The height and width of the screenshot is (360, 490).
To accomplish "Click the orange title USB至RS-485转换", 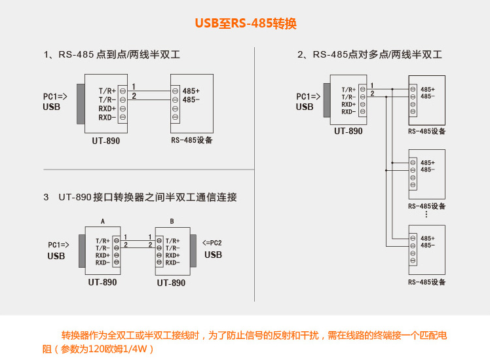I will (246, 24).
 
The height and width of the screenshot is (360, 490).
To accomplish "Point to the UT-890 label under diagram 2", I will (348, 131).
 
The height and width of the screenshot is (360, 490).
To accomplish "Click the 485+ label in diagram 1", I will (191, 90).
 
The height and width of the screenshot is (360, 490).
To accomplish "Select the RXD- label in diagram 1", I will (107, 117).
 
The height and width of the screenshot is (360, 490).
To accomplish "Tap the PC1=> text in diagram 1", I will (56, 96).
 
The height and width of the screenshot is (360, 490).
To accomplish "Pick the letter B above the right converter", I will (172, 221).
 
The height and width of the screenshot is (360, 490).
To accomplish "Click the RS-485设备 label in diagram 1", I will (192, 140).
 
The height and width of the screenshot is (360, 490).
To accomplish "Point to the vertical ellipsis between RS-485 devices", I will (426, 214).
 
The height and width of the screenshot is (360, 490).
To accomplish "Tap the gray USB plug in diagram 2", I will (326, 99).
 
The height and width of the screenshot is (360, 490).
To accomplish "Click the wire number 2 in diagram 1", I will (134, 96).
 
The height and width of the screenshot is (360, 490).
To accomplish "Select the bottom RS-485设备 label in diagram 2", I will (426, 282).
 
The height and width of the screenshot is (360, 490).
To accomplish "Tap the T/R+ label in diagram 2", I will (349, 90).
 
